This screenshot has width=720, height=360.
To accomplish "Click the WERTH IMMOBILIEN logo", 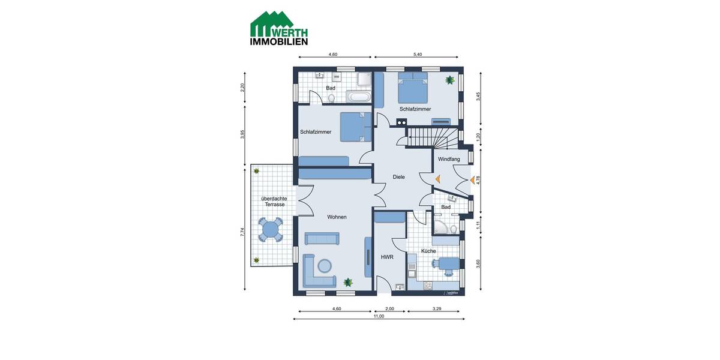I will point(279,28).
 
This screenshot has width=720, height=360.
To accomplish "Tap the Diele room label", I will point(398,177).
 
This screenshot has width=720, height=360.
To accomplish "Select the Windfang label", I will point(449,159).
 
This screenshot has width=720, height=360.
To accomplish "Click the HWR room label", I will point(387,257).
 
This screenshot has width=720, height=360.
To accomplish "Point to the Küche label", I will point(428,251).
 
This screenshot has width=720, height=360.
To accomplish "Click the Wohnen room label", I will point(337,217).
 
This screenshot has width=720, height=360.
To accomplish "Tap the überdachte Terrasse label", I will point(273,202).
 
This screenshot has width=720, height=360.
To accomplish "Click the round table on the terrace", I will point(271,229).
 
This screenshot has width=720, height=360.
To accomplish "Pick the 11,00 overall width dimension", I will point(378,316).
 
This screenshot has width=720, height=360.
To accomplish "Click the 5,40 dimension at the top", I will point(418,55).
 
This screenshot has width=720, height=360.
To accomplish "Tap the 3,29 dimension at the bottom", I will point(436,308).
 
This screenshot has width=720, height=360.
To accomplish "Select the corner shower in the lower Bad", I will point(443,226).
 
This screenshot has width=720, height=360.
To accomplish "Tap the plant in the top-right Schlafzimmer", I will point(449,80).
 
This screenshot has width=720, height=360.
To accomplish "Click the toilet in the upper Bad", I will point(331,98).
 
